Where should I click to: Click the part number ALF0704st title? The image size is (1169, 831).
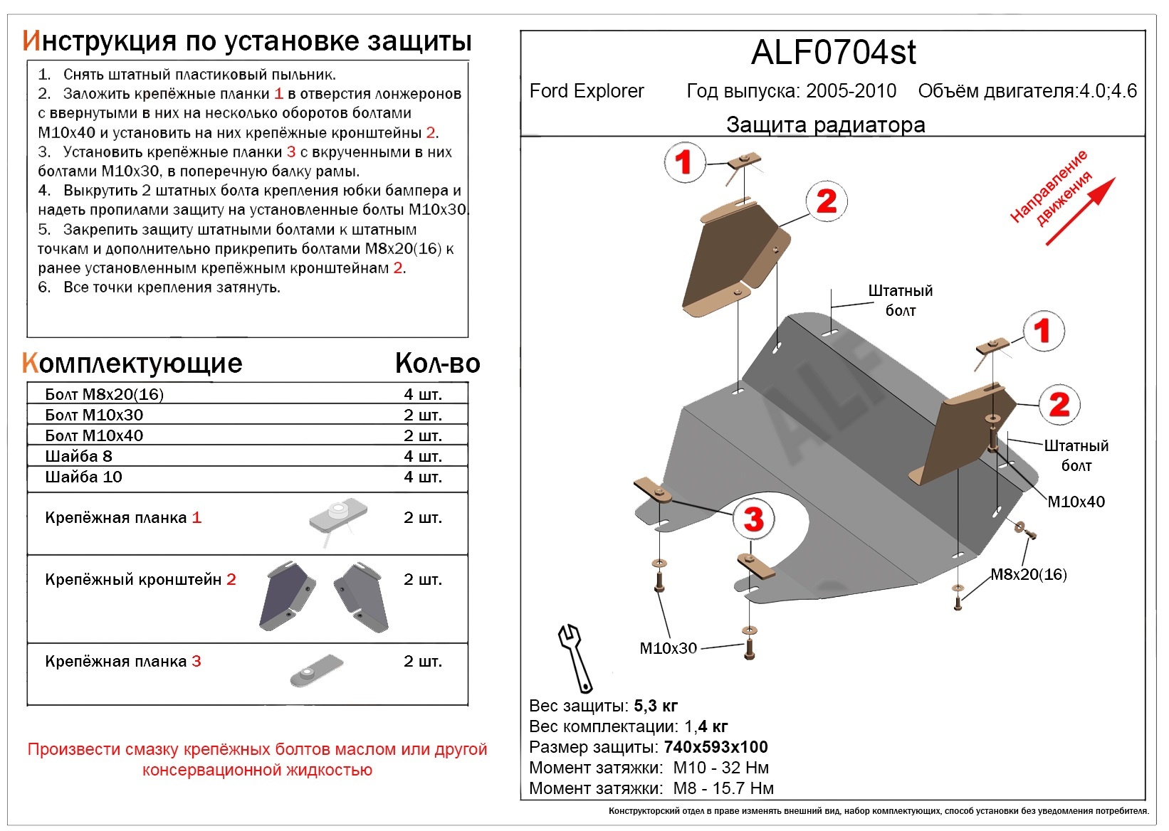pos(833,53)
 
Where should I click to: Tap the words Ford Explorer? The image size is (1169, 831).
pos(586,91)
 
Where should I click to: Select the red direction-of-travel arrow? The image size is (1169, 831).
pos(1080,211)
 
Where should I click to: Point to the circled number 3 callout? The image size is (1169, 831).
pos(753,519)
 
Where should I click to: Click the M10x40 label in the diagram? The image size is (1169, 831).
pos(1076,502)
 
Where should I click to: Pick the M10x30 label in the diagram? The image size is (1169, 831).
pos(668,648)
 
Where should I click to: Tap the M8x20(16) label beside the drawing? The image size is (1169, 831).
pos(1028,574)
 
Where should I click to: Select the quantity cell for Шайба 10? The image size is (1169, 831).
pos(422,477)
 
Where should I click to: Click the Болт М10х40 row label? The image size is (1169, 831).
pos(94,435)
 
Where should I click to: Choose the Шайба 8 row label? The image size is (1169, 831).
pos(78,456)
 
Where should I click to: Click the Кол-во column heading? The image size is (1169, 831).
pos(437,364)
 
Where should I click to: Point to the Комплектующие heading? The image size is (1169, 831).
pos(132,364)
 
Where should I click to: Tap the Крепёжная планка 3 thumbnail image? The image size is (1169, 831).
pos(316,671)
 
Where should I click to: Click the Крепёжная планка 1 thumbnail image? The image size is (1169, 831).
pos(337,517)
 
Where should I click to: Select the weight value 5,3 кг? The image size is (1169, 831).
pos(655,706)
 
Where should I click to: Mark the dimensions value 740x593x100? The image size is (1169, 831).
pos(715,747)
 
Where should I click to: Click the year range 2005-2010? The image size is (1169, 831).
pos(851,91)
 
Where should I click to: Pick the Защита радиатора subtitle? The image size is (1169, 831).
pos(825,125)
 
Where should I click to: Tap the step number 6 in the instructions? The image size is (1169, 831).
pos(44,287)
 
